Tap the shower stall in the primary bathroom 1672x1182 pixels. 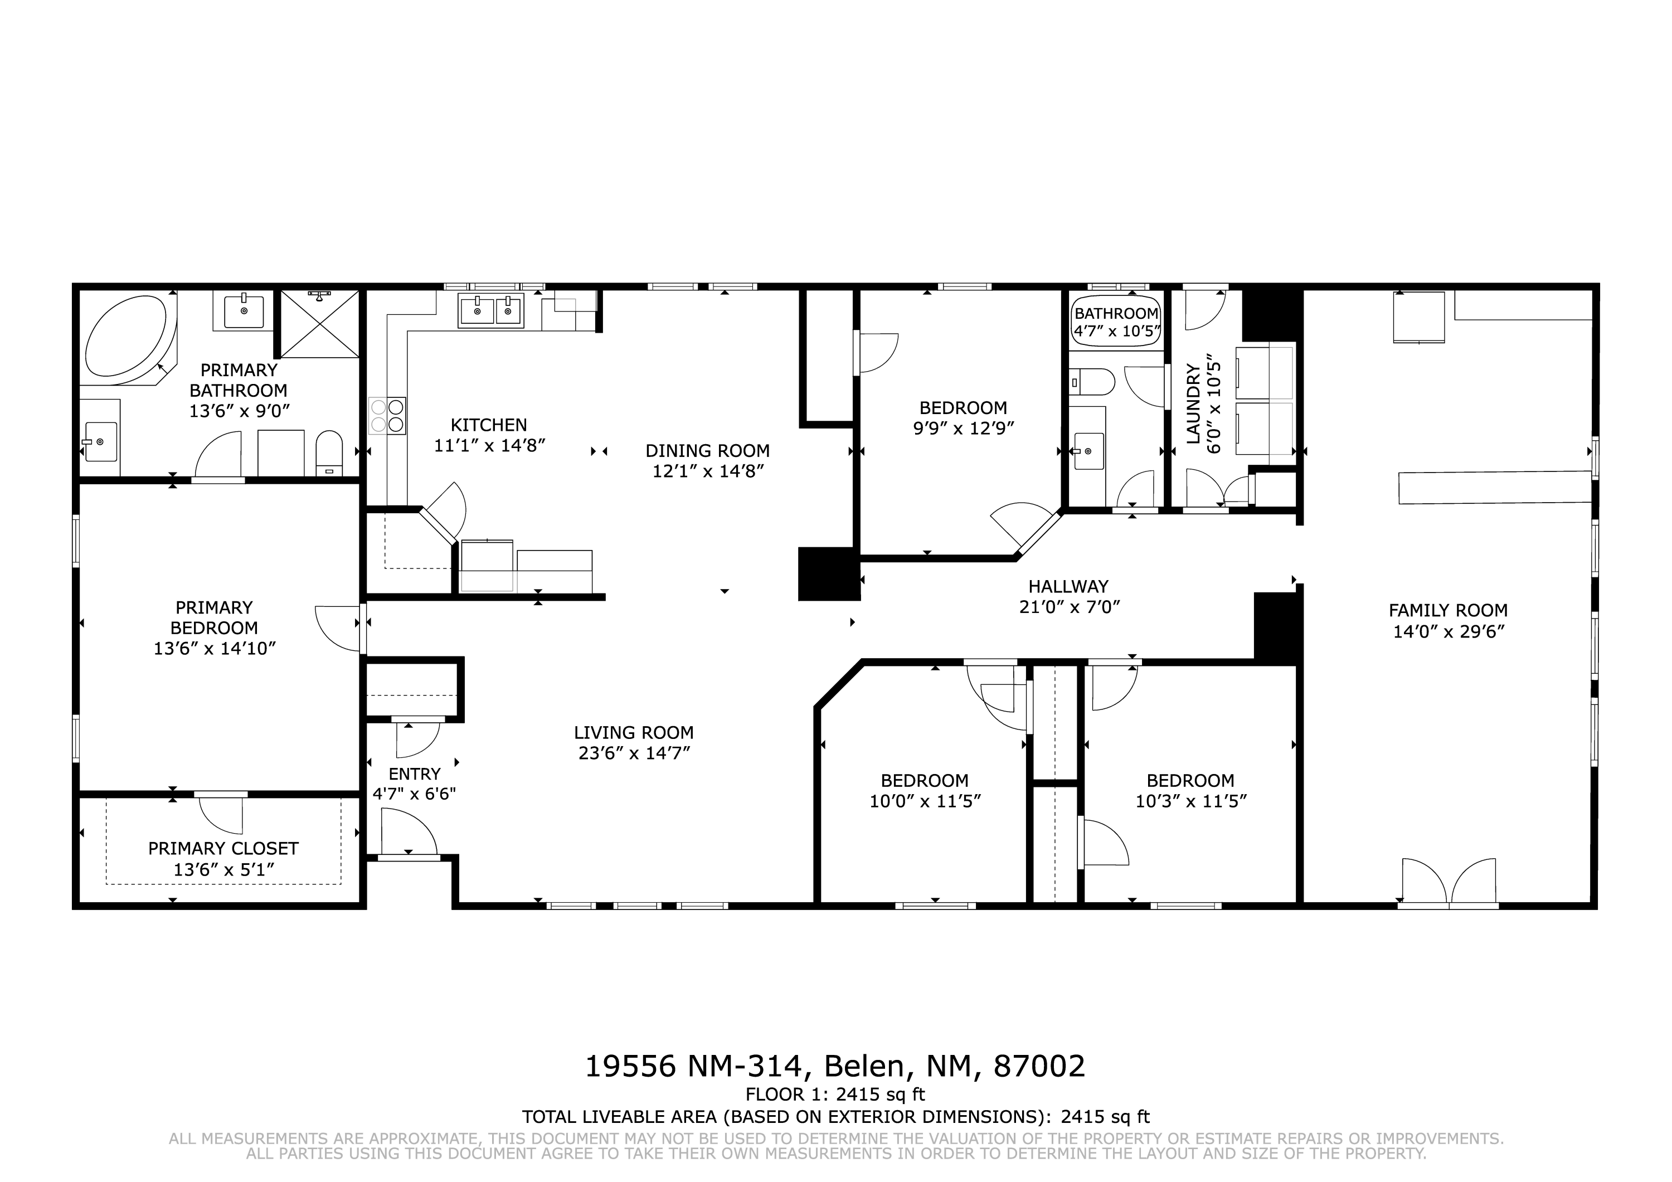(x=320, y=324)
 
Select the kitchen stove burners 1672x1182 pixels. (x=387, y=416)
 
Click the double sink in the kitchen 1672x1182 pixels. (x=491, y=311)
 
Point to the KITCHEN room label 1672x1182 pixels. (x=489, y=425)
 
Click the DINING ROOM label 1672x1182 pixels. (x=707, y=451)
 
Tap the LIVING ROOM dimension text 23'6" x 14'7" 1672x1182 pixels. (x=634, y=753)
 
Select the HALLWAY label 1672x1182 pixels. (x=1068, y=586)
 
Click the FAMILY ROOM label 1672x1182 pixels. (x=1448, y=610)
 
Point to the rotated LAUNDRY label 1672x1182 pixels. (x=1192, y=404)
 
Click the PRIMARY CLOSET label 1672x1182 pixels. (x=223, y=848)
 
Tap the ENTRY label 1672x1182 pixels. (x=414, y=774)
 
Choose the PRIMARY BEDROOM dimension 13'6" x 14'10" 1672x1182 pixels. (x=214, y=648)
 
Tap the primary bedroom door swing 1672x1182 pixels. (x=339, y=628)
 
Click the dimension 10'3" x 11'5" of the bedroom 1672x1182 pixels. (x=1190, y=801)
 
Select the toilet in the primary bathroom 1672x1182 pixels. (x=329, y=453)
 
